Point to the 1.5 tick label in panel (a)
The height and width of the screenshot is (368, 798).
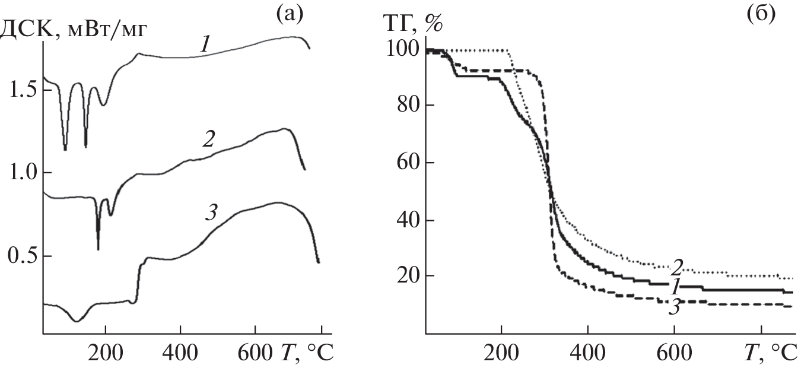point(23,90)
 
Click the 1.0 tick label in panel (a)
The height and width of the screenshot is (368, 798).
point(23,173)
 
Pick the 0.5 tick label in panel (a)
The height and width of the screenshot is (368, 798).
point(23,256)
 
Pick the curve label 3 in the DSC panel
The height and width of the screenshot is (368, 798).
point(211,212)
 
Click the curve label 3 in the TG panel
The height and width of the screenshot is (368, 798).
point(675,307)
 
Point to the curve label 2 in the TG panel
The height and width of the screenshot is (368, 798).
point(678,268)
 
